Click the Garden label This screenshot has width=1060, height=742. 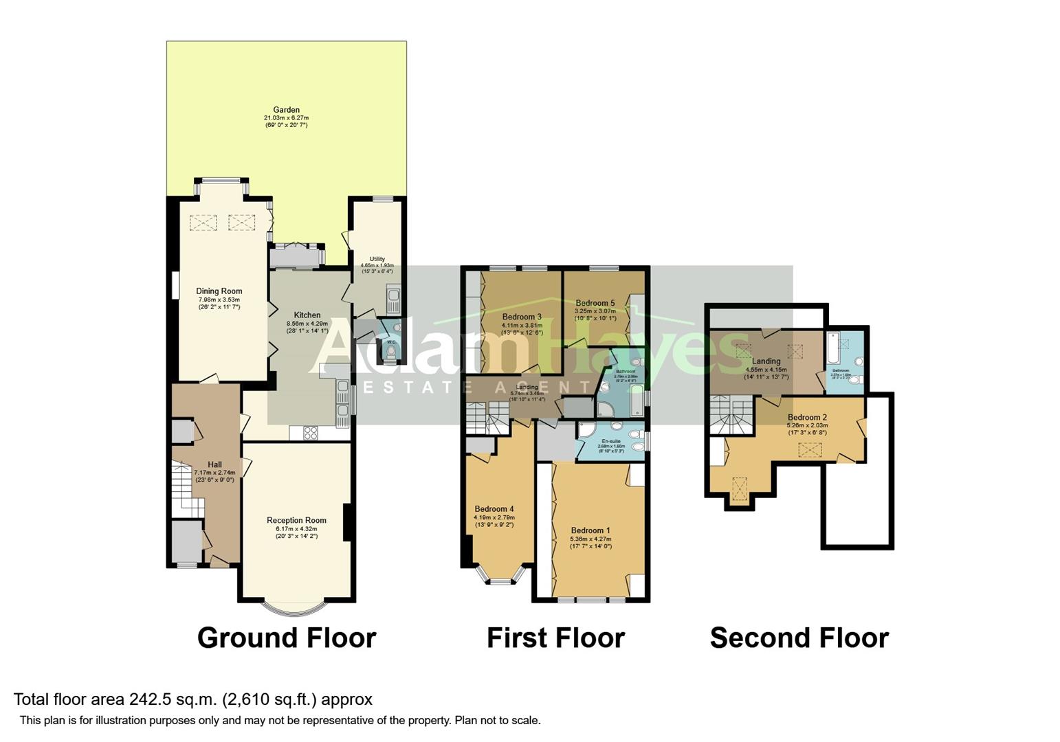286,110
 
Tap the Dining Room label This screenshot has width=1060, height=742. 219,291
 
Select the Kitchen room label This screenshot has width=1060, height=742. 307,315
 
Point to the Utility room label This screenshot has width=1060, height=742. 377,259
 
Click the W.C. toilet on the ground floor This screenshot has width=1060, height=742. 391,352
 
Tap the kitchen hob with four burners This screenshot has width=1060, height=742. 310,433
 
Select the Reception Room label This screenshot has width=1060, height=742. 296,521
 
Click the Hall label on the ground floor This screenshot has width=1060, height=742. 214,465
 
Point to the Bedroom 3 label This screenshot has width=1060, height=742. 522,317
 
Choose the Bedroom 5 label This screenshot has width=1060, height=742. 595,303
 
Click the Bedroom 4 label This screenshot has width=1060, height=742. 494,509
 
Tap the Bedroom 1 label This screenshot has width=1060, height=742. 590,530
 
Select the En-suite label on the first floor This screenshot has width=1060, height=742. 610,441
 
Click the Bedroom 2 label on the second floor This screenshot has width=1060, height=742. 807,417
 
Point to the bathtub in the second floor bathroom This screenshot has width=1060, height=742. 833,349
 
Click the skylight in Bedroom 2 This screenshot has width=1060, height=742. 809,451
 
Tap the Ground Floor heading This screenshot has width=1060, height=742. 287,638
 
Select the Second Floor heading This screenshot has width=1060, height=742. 799,638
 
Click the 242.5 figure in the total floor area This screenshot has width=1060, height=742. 148,699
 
